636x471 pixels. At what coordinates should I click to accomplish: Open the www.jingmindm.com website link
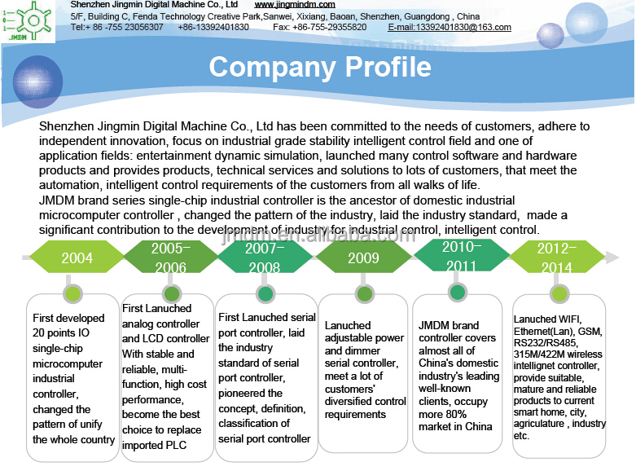pyautogui.click(x=295, y=5)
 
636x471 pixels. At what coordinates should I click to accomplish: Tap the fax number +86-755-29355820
pyautogui.click(x=329, y=27)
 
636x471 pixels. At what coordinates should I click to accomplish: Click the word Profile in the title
pyautogui.click(x=388, y=67)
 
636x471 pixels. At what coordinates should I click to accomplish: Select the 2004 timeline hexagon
pyautogui.click(x=77, y=257)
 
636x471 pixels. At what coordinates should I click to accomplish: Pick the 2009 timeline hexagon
pyautogui.click(x=363, y=257)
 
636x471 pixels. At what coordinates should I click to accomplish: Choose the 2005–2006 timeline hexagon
pyautogui.click(x=171, y=257)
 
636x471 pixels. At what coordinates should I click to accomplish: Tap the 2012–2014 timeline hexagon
pyautogui.click(x=556, y=257)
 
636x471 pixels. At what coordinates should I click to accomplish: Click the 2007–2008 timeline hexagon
pyautogui.click(x=265, y=257)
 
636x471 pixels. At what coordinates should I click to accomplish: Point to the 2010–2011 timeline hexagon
pyautogui.click(x=462, y=255)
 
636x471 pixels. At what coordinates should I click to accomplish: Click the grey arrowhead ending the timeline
pyautogui.click(x=612, y=257)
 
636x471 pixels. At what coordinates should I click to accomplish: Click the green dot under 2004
pyautogui.click(x=73, y=293)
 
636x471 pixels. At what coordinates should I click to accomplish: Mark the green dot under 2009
pyautogui.click(x=364, y=293)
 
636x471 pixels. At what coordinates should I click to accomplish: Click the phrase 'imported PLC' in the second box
pyautogui.click(x=154, y=446)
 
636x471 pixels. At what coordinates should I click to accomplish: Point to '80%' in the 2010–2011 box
pyautogui.click(x=454, y=414)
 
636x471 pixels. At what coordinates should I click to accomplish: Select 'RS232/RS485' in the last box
pyautogui.click(x=545, y=343)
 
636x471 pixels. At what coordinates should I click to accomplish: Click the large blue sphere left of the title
pyautogui.click(x=37, y=81)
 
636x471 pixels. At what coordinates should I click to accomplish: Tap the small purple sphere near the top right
pyautogui.click(x=550, y=36)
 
